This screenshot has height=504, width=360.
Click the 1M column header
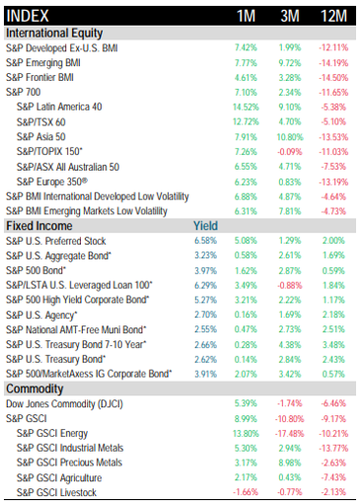(x=247, y=16)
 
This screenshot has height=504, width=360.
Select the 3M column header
(x=290, y=16)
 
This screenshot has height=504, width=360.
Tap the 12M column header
(x=333, y=16)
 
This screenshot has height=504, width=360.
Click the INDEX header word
(x=28, y=16)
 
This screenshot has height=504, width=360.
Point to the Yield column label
(x=205, y=226)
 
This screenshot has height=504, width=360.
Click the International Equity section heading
(x=54, y=34)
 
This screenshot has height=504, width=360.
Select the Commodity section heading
(x=35, y=389)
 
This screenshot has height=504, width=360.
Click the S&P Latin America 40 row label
(x=59, y=107)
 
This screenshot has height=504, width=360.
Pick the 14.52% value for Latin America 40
(x=246, y=108)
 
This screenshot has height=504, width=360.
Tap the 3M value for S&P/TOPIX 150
(x=290, y=152)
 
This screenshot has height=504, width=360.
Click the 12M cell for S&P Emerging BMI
(x=333, y=63)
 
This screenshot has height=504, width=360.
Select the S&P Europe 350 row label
(x=52, y=181)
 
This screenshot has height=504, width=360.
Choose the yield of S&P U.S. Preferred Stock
(x=205, y=241)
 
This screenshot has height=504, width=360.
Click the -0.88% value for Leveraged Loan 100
(x=290, y=285)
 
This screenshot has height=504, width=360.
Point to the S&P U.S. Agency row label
(x=41, y=316)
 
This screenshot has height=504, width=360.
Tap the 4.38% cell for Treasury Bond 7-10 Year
(x=290, y=345)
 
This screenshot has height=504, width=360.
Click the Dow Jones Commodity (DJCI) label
(x=64, y=404)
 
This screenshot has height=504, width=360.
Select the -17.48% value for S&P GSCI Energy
(x=289, y=434)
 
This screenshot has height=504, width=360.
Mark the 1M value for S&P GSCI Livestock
(x=246, y=492)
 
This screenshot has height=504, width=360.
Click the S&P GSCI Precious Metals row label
(x=69, y=463)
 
